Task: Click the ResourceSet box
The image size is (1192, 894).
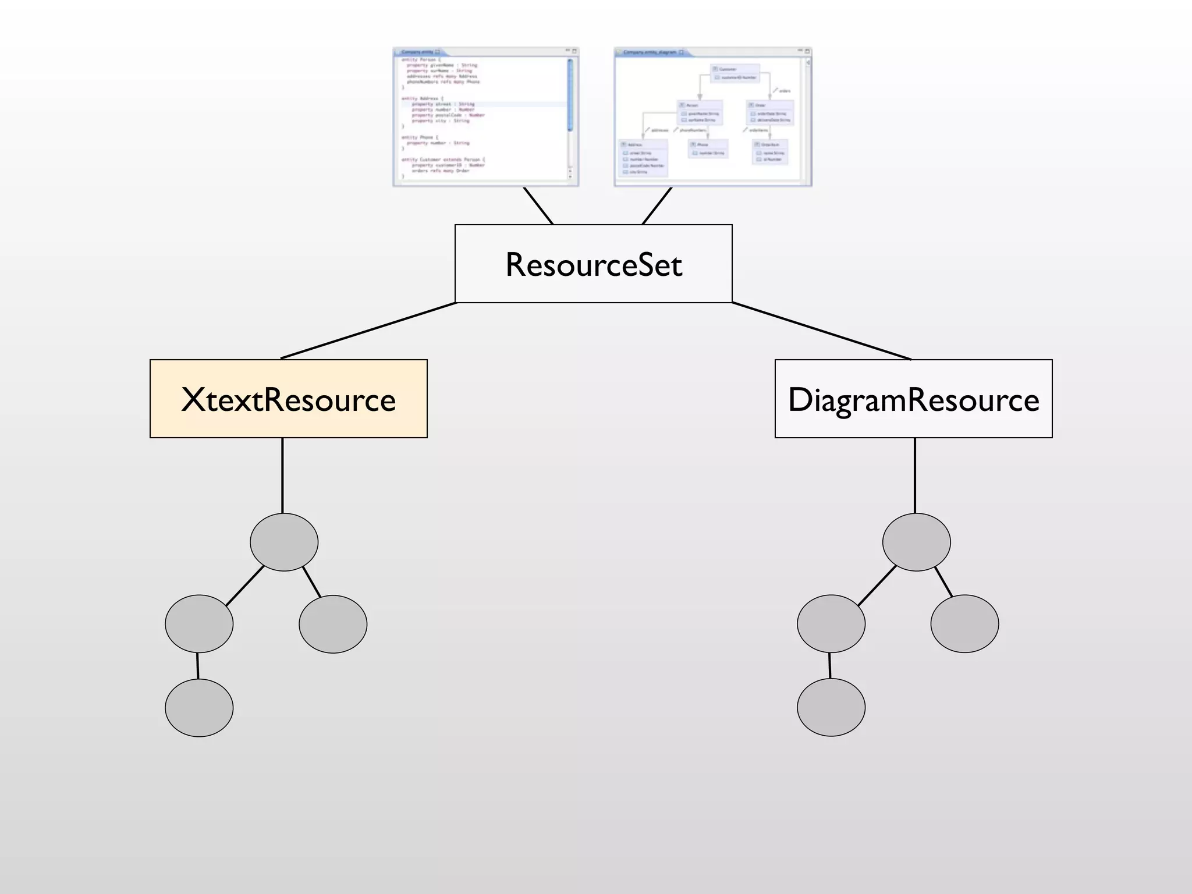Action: pyautogui.click(x=593, y=264)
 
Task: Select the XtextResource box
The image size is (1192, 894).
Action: pyautogui.click(x=288, y=399)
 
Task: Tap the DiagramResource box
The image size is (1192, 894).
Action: pyautogui.click(x=913, y=399)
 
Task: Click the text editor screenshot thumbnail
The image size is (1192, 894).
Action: pyautogui.click(x=485, y=117)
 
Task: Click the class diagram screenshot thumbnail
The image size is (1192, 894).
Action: pyautogui.click(x=712, y=117)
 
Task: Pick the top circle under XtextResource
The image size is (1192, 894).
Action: pyautogui.click(x=284, y=542)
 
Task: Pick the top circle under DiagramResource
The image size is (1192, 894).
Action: pyautogui.click(x=916, y=542)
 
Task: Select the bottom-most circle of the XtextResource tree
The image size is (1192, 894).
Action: pyautogui.click(x=199, y=708)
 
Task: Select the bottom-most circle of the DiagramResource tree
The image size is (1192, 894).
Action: pyautogui.click(x=831, y=707)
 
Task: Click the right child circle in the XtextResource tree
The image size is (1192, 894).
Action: pyautogui.click(x=333, y=624)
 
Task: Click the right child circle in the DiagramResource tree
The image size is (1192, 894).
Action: pyautogui.click(x=964, y=623)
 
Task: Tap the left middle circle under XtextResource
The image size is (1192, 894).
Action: pyautogui.click(x=199, y=623)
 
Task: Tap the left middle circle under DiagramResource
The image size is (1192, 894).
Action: pyautogui.click(x=831, y=623)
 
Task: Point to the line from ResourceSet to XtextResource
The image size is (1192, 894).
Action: pyautogui.click(x=368, y=331)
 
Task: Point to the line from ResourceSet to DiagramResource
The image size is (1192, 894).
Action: pyautogui.click(x=821, y=331)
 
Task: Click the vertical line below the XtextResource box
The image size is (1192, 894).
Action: pyautogui.click(x=282, y=475)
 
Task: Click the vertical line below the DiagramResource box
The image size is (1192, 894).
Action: pyautogui.click(x=915, y=475)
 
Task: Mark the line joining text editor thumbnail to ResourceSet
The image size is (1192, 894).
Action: pyautogui.click(x=538, y=206)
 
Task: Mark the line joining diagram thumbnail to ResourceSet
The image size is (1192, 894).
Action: pyautogui.click(x=657, y=206)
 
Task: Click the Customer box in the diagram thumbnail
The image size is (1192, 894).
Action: pyautogui.click(x=736, y=73)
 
